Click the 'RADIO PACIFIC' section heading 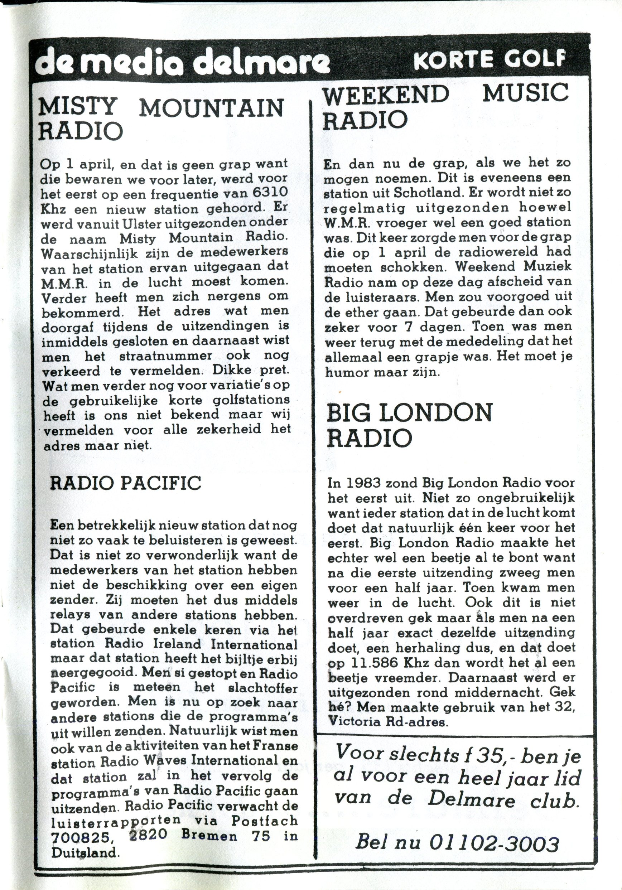coord(126,483)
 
